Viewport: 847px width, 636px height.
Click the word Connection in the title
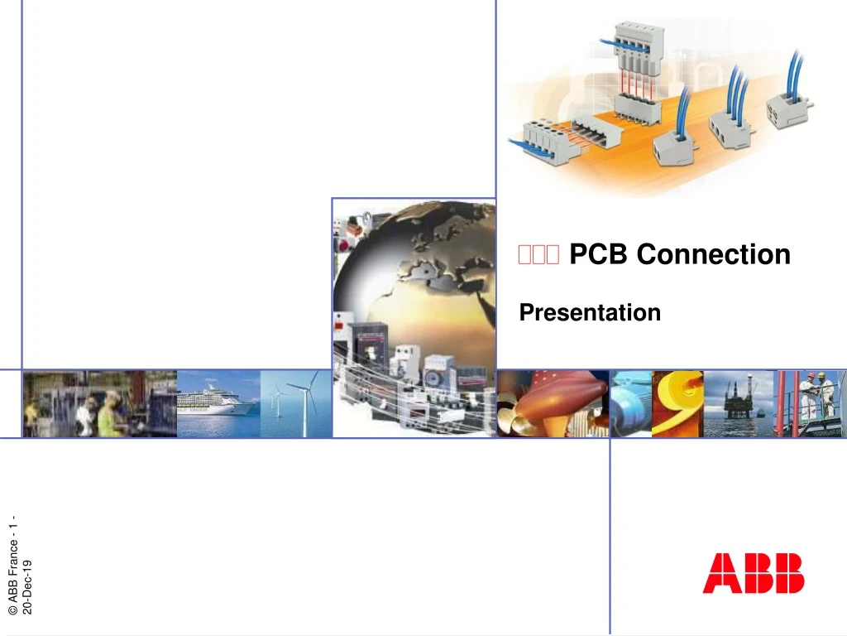pos(713,254)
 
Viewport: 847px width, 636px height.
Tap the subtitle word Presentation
pos(590,313)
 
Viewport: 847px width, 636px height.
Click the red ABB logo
pos(753,573)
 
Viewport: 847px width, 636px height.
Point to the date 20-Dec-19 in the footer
pos(28,586)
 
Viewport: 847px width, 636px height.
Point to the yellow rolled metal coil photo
pos(678,402)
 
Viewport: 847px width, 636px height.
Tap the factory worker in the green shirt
pos(109,414)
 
